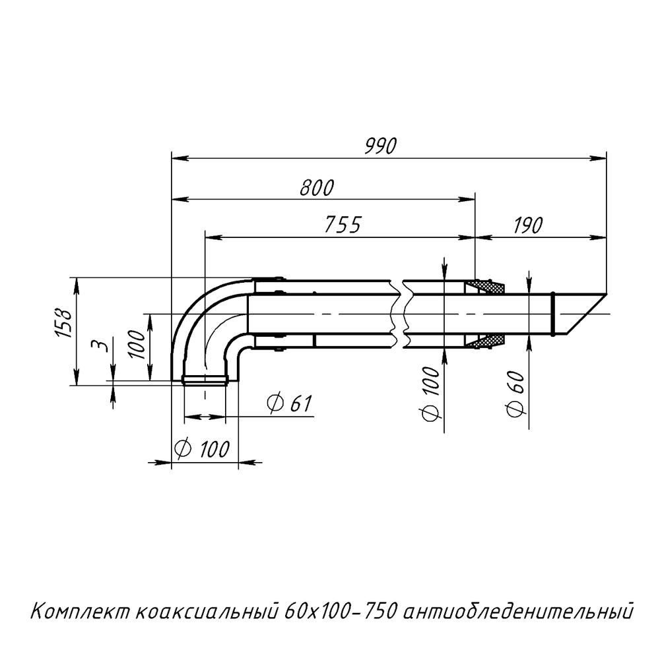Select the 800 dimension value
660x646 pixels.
pyautogui.click(x=317, y=187)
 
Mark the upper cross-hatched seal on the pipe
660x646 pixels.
pyautogui.click(x=485, y=287)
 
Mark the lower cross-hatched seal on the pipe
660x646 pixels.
pyautogui.click(x=485, y=341)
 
